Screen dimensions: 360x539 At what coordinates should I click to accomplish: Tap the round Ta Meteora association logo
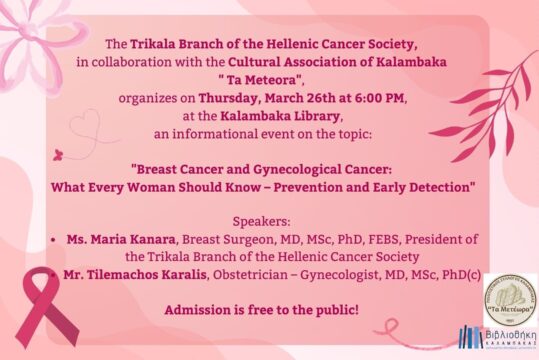click(x=510, y=298)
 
